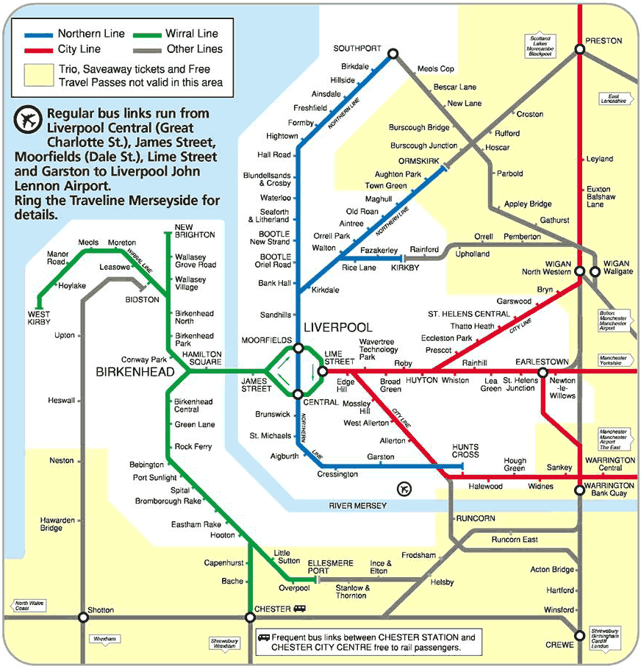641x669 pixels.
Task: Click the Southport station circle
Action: pyautogui.click(x=393, y=53)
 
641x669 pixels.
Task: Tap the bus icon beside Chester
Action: pyautogui.click(x=300, y=609)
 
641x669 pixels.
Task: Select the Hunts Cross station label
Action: pyautogui.click(x=465, y=451)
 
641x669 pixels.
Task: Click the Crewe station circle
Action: pyautogui.click(x=579, y=636)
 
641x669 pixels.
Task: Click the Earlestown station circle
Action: pyautogui.click(x=543, y=372)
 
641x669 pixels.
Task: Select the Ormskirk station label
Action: pyautogui.click(x=420, y=161)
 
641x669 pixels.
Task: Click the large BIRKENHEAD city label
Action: pyautogui.click(x=135, y=373)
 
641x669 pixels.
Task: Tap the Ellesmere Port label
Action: pyautogui.click(x=330, y=567)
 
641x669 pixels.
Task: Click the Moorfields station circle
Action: pyautogui.click(x=298, y=348)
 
